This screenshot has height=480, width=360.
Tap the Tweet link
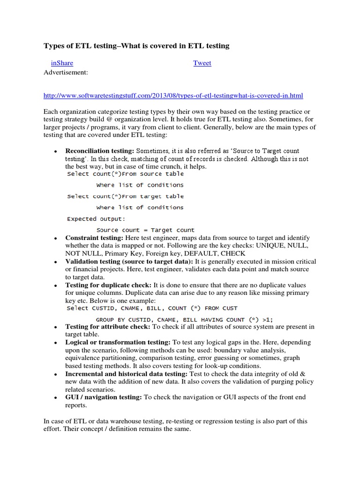(202, 63)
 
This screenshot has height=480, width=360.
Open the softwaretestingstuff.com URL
(173, 96)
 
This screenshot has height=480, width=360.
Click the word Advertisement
(66, 73)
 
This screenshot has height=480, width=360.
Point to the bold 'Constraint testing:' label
(94, 238)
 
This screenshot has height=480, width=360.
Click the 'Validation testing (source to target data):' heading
(129, 261)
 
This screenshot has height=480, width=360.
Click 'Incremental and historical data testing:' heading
(126, 374)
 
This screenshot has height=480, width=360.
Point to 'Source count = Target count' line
(145, 230)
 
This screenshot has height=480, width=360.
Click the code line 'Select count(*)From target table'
(125, 196)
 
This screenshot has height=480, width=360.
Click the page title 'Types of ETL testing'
(136, 45)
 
